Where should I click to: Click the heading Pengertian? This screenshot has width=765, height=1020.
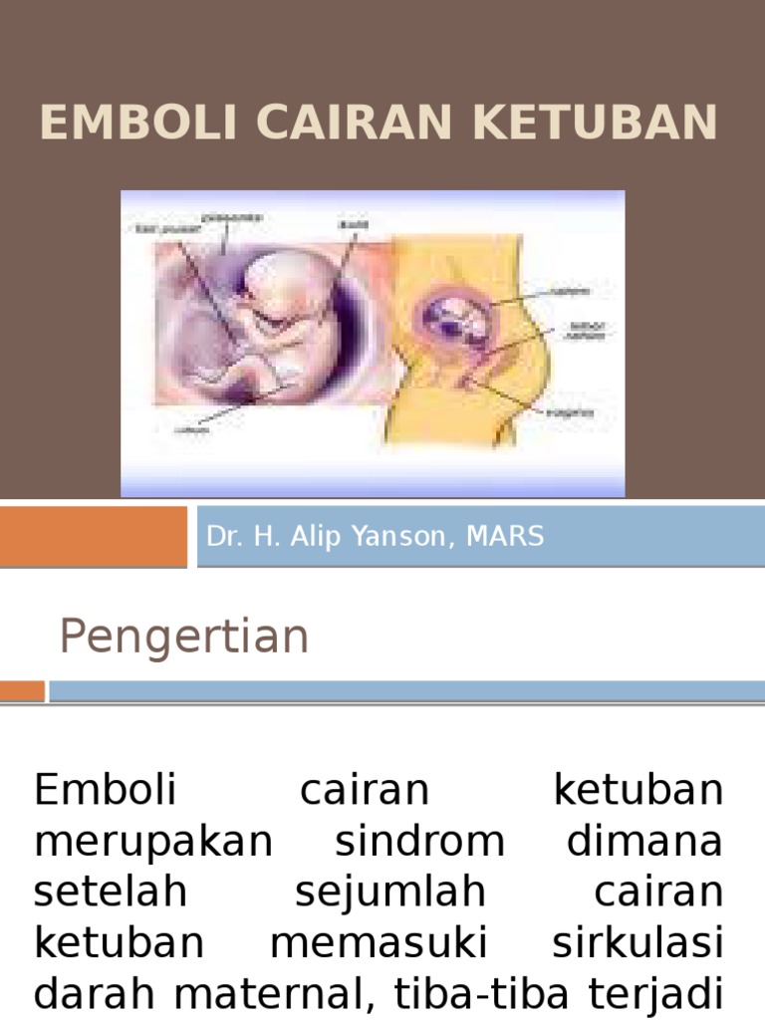184,637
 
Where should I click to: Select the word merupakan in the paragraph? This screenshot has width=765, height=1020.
153,842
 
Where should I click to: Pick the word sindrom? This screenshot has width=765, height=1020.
419,842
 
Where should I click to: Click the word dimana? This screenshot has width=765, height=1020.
644,842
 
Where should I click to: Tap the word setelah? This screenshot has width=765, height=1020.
111,892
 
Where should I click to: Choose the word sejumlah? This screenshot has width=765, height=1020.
390,892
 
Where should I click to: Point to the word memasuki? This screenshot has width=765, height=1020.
388,941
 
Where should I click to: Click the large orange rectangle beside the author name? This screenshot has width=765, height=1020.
93,536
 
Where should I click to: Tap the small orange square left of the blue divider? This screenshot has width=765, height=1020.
22,690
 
